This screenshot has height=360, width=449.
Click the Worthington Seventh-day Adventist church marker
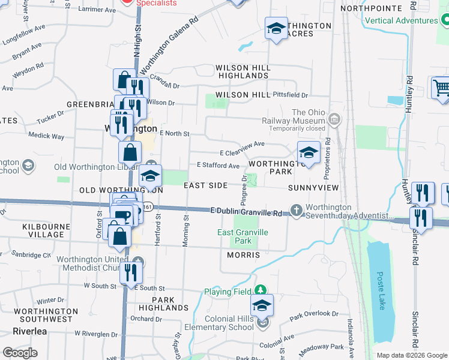click(x=296, y=210)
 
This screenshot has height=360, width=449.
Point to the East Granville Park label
click(x=243, y=236)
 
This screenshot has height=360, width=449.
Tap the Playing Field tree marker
click(x=260, y=292)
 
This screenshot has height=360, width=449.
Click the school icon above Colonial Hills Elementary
click(x=262, y=306)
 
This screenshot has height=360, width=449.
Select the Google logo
click(x=20, y=353)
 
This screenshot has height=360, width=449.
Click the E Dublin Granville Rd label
click(x=247, y=212)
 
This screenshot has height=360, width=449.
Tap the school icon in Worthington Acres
click(x=276, y=28)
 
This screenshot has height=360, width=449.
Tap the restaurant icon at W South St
click(x=129, y=272)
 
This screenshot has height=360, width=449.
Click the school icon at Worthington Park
click(x=309, y=154)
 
